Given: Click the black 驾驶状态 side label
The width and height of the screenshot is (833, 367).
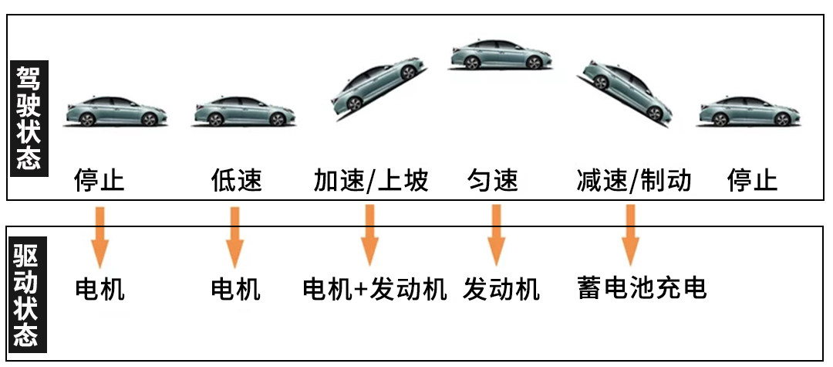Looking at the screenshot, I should point(29,117).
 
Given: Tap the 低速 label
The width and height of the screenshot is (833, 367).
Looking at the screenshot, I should point(236,181).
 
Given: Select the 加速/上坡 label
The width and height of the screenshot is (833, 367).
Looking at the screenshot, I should point(370,181).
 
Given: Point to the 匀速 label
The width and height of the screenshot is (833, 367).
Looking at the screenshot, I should point(493,181).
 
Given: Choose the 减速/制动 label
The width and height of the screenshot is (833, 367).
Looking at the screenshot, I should point(634,181).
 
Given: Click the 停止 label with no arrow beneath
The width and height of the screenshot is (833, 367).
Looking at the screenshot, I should point(752,181).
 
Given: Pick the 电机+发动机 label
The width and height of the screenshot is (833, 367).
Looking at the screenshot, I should point(375,290).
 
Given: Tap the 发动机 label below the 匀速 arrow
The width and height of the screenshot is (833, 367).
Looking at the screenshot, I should point(501,290).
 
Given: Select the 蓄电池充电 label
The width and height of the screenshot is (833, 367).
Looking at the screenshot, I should point(642,287).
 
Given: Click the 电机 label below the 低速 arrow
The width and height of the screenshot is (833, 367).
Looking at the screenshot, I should point(236,290).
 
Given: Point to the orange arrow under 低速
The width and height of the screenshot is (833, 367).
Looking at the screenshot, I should point(234,236).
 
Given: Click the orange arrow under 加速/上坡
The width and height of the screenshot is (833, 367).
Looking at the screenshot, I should point(369,235).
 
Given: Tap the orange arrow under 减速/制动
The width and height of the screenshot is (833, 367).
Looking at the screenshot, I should point(630,235).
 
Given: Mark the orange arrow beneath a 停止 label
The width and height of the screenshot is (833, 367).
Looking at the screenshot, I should point(99,236).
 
